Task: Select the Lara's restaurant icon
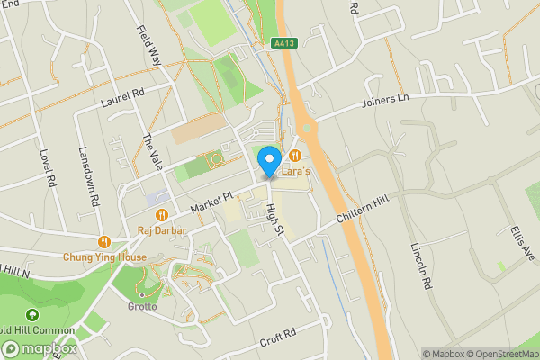[x=294, y=156]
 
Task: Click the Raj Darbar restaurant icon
[x=162, y=214]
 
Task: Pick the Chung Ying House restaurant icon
[x=104, y=241]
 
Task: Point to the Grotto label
[x=141, y=306]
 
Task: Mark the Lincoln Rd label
[x=419, y=265]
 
